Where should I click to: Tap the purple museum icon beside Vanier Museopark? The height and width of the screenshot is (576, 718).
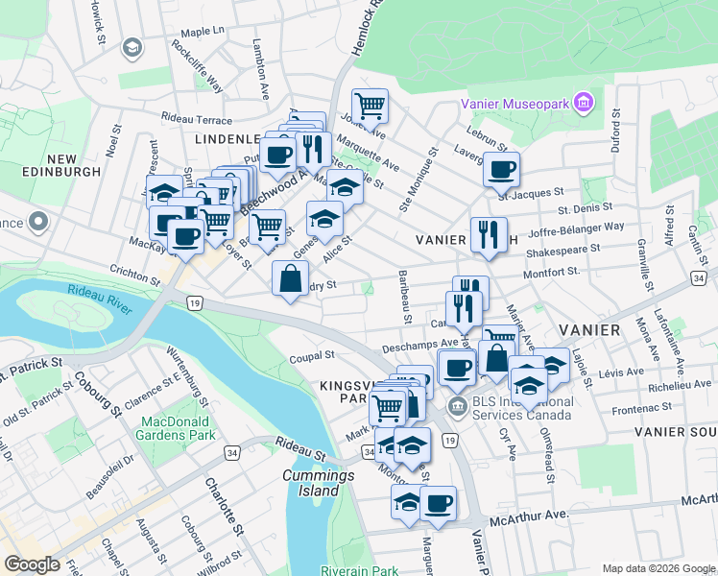point(582,102)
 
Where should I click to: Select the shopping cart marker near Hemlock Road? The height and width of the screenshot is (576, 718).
point(370,105)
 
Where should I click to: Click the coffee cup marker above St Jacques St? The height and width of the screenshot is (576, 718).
point(501,169)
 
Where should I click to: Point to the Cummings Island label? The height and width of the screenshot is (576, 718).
point(311,483)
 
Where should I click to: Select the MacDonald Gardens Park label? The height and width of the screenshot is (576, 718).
point(178,428)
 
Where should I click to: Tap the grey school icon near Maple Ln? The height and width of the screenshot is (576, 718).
point(132,47)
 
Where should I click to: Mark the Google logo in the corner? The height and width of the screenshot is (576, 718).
point(32,564)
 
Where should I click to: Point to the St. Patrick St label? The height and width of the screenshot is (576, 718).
point(31,365)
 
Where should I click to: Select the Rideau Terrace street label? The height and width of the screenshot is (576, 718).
point(197,120)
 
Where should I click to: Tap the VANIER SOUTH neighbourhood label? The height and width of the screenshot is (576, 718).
point(676,432)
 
